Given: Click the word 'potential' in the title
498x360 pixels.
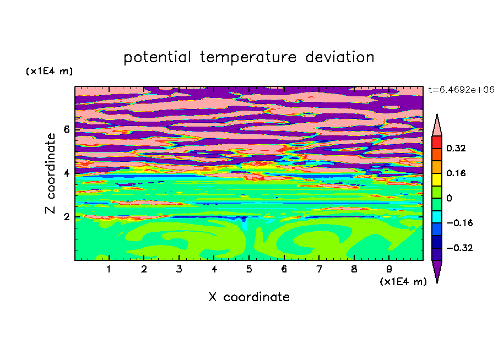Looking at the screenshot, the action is pos(157,57).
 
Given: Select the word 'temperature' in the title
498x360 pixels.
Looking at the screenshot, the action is pos(248,57).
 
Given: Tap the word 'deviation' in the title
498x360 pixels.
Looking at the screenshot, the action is pos(340,57).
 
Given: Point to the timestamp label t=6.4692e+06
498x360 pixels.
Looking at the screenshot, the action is pos(461,90).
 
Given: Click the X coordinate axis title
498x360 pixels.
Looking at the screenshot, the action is pos(249,297).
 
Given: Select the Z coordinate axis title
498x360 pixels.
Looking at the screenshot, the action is pos(50,173).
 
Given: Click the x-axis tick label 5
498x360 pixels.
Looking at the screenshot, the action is pos(249,269).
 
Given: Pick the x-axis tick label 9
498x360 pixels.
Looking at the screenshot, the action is pos(389,269).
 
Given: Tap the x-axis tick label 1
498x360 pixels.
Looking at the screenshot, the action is pos(109,269).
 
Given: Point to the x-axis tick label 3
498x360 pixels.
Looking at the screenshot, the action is pos(179,269).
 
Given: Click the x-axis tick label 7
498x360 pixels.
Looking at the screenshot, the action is pos(319,269).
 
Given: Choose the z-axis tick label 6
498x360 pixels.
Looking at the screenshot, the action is pos(66,129).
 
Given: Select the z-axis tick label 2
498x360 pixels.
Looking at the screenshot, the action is pos(66,217).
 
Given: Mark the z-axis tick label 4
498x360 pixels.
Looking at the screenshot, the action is pos(66,173).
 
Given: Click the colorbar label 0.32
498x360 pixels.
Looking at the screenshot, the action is pos(456,148).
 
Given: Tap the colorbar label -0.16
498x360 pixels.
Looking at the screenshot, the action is pos(459,223).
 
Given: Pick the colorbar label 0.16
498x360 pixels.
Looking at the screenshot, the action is pos(456,173).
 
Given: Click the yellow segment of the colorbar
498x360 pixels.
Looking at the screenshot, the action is pos(437,179).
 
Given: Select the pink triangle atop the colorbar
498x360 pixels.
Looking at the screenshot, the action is pos(437,127).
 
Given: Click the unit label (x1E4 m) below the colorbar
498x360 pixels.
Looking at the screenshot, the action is pos(403,282).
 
